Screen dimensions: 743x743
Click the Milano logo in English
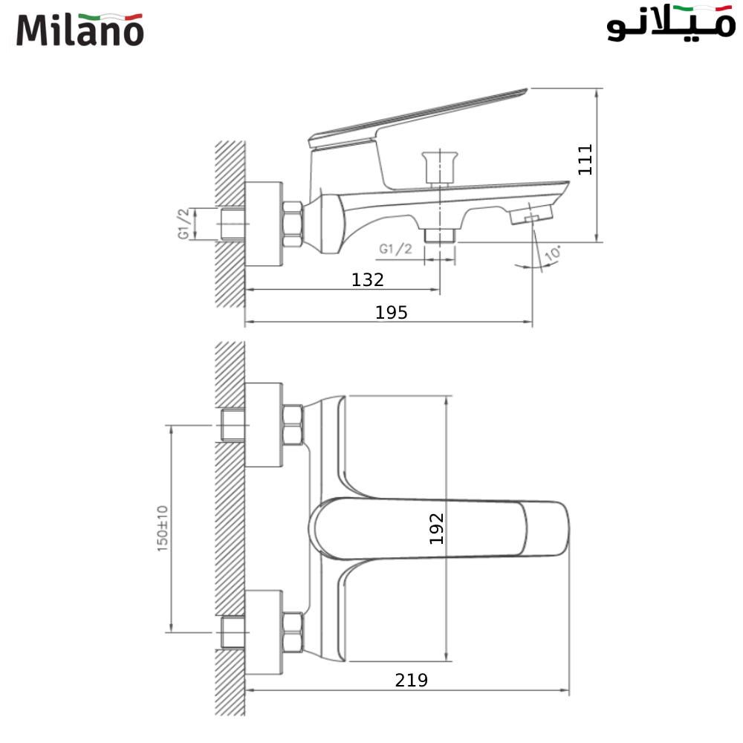[x=80, y=30]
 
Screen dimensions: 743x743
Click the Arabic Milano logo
[x=670, y=25]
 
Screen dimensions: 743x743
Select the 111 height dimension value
[x=586, y=159]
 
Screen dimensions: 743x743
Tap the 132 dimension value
[x=368, y=280]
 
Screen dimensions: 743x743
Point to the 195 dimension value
[x=391, y=313]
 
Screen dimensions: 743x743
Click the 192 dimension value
[x=437, y=528]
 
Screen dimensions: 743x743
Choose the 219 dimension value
[x=411, y=680]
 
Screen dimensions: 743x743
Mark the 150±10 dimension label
[x=163, y=528]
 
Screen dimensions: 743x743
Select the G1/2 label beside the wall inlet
[x=184, y=224]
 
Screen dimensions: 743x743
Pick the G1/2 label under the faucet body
[x=395, y=250]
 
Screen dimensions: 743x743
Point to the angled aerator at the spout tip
[x=531, y=216]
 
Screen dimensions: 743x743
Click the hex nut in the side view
[x=292, y=224]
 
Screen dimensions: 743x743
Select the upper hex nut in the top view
[x=292, y=425]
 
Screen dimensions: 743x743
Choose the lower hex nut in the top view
[x=292, y=632]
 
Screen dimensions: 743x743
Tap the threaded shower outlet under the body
[x=439, y=235]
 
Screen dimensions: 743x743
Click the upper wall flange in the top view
[x=263, y=425]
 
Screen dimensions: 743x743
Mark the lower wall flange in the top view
[x=263, y=632]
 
